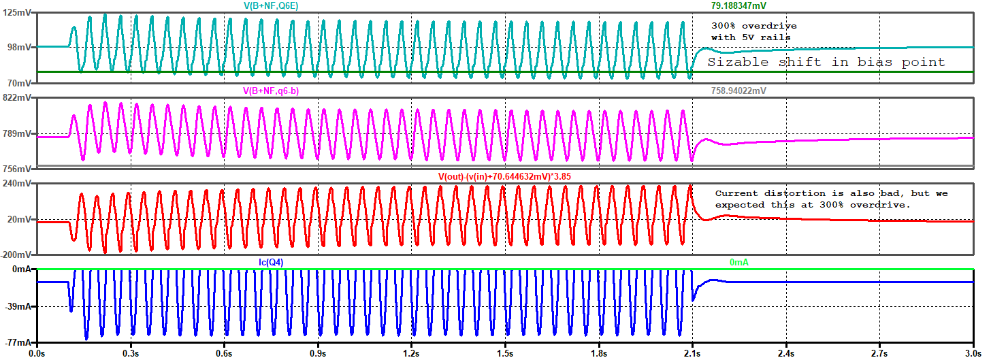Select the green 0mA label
(739, 262)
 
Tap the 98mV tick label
(20, 47)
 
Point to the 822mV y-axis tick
(17, 98)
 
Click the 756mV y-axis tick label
(17, 169)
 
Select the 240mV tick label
(17, 184)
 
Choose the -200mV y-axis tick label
(16, 255)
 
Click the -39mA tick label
(18, 307)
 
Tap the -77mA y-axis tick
(18, 342)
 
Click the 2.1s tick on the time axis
(692, 354)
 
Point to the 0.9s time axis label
(318, 354)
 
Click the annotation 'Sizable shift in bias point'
(826, 63)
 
